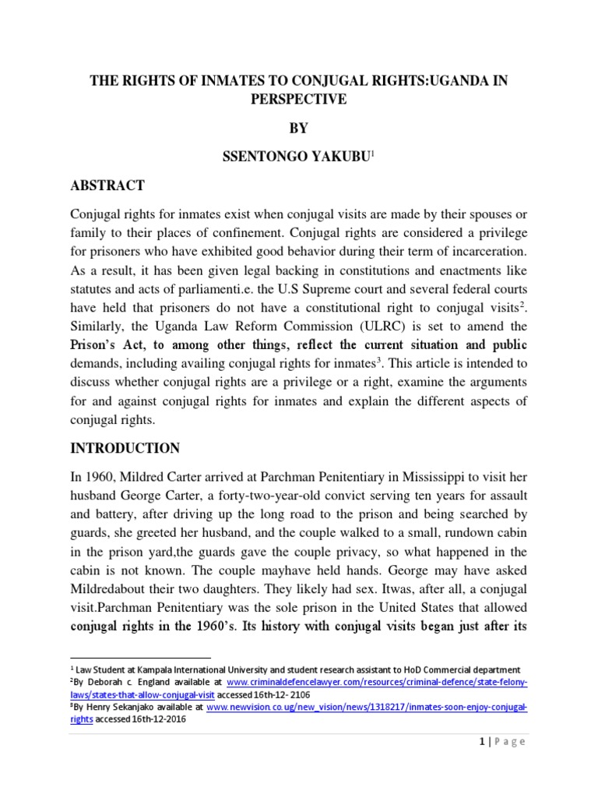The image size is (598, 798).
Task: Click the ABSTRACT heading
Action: pyautogui.click(x=107, y=185)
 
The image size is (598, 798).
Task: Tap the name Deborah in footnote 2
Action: pyautogui.click(x=109, y=683)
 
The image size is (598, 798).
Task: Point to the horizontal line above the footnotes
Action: pyautogui.click(x=140, y=659)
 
